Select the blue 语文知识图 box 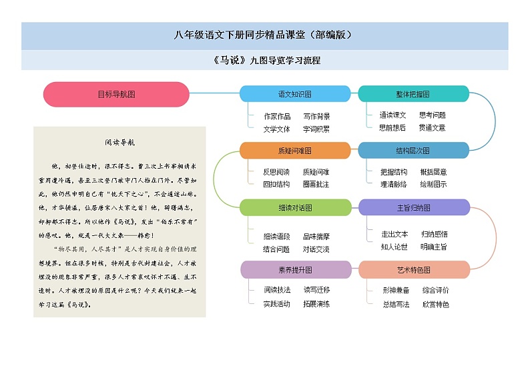(294, 94)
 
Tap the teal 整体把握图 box (413, 94)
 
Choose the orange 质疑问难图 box (294, 151)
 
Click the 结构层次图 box (413, 151)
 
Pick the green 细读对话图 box (294, 208)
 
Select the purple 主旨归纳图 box (413, 208)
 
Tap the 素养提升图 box (294, 269)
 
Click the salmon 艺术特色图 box (413, 269)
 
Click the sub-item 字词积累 (316, 129)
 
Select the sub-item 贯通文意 (432, 127)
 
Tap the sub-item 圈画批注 (316, 184)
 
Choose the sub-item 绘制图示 (433, 184)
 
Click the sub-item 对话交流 (316, 249)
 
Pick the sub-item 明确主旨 (433, 247)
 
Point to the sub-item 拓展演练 (316, 304)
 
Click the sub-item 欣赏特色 (435, 305)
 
